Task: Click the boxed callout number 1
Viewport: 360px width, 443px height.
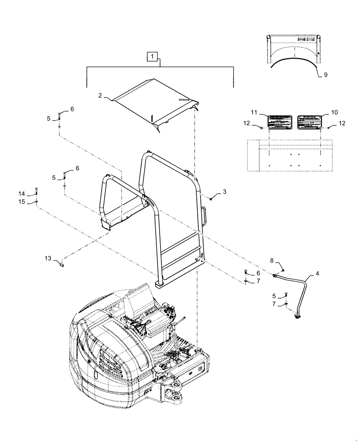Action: pos(152,56)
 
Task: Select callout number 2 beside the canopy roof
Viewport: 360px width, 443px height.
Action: pos(100,95)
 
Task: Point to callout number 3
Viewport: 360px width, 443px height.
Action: pos(224,192)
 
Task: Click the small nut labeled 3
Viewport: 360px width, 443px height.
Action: pos(211,198)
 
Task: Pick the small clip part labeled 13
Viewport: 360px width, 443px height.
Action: pos(62,265)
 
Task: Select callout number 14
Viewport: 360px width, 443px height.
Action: pos(22,194)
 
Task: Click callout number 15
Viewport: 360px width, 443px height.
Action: pos(22,202)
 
